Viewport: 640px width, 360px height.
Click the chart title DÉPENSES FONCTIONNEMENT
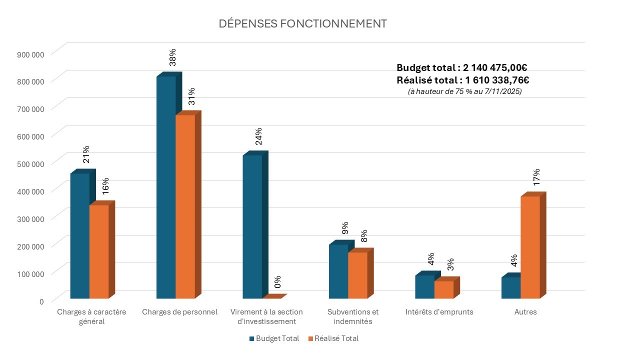point(303,24)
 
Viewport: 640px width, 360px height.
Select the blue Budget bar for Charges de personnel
point(166,187)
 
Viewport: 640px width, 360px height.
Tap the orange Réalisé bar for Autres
point(530,247)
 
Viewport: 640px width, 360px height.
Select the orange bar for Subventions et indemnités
point(357,275)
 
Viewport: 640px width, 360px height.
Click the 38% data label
point(172,57)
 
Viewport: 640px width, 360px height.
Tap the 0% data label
point(277,282)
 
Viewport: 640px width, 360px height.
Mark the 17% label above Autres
point(536,177)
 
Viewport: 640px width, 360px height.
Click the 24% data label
point(258,136)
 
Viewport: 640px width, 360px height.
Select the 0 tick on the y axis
point(41,301)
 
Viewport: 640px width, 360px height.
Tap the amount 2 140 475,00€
point(495,68)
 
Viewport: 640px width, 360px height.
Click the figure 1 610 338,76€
point(495,80)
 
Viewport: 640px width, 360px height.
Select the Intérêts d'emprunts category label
point(439,312)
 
